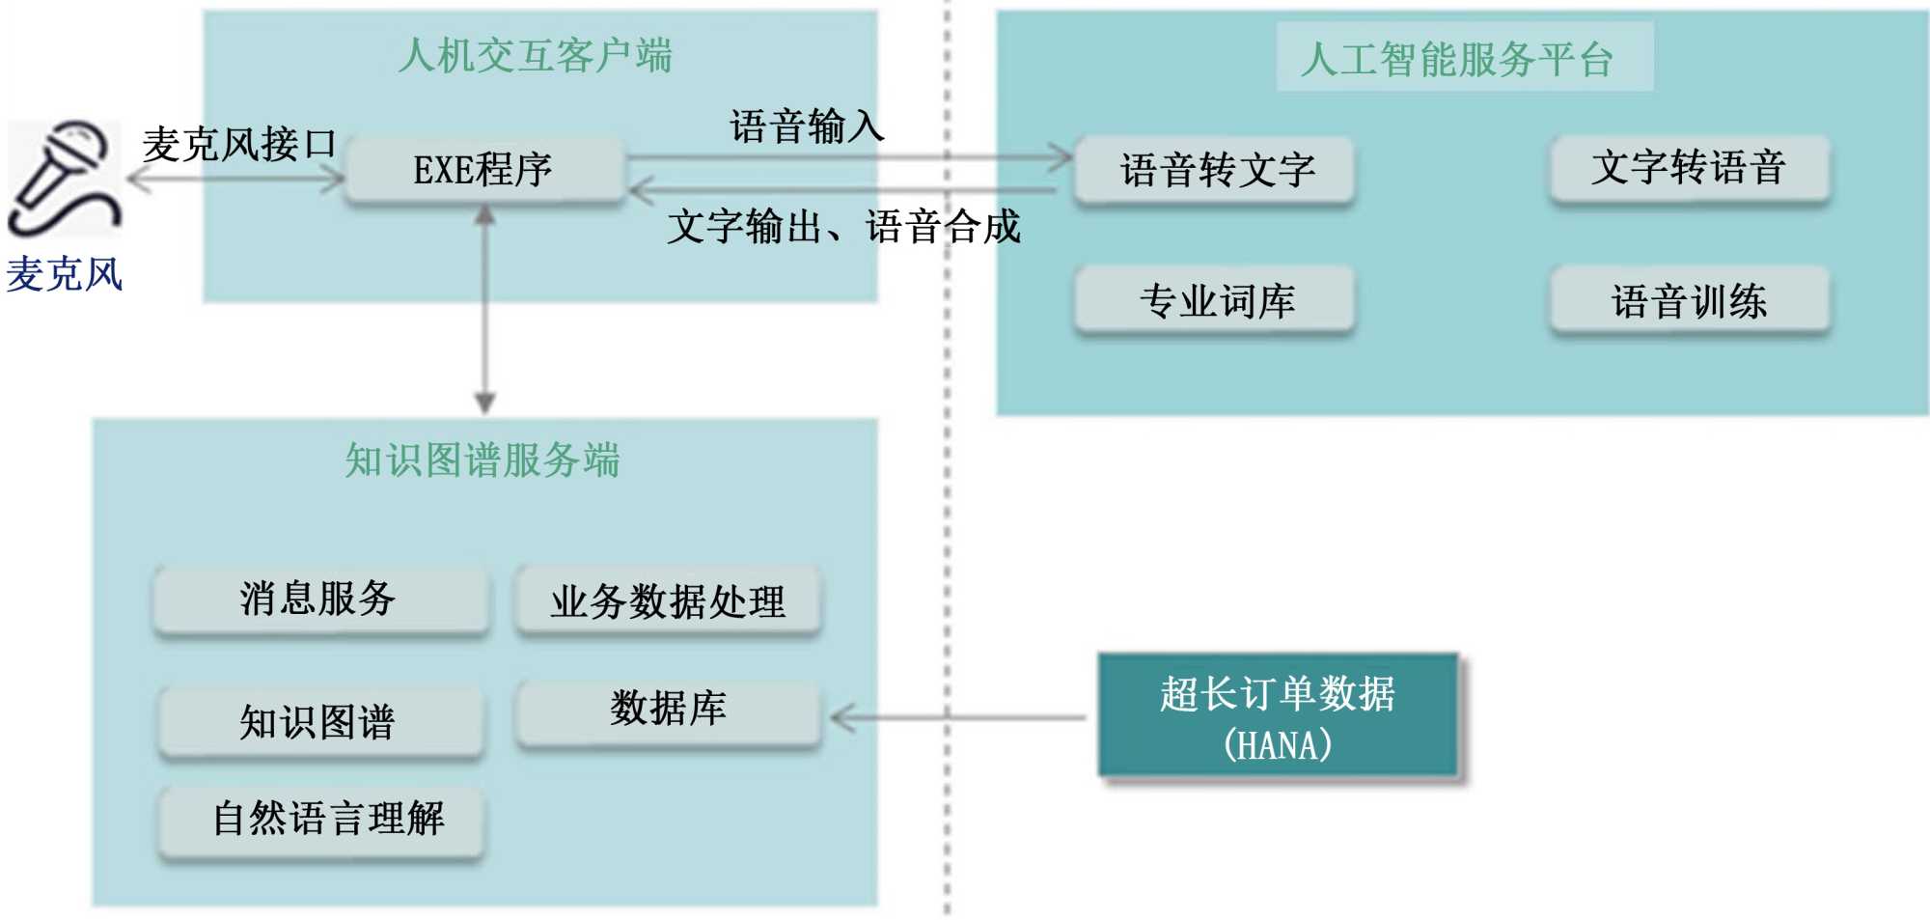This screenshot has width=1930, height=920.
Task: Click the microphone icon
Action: tap(64, 178)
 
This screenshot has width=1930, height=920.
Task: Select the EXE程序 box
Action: tap(483, 170)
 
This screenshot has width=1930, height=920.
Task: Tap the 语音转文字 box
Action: tap(1215, 171)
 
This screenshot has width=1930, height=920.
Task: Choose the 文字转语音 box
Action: tap(1689, 168)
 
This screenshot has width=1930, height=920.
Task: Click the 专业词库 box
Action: tap(1215, 301)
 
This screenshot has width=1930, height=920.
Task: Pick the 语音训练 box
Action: tap(1689, 301)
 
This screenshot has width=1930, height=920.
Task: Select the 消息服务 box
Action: tap(319, 599)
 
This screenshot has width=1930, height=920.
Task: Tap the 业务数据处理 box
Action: tap(668, 601)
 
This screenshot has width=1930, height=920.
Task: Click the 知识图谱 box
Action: tap(319, 722)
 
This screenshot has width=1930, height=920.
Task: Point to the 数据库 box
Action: tap(668, 711)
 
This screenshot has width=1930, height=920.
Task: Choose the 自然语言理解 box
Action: tap(321, 820)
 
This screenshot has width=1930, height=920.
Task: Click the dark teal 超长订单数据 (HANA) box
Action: tap(1278, 716)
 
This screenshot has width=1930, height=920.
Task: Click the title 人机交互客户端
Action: tap(536, 56)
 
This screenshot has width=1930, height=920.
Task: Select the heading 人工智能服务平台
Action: tap(1456, 59)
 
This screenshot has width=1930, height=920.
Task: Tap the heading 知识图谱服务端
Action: tap(482, 460)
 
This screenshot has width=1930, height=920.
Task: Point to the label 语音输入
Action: tap(807, 126)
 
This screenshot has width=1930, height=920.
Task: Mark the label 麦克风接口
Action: tap(238, 145)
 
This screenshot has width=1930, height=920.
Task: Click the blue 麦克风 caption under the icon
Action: tap(65, 274)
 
